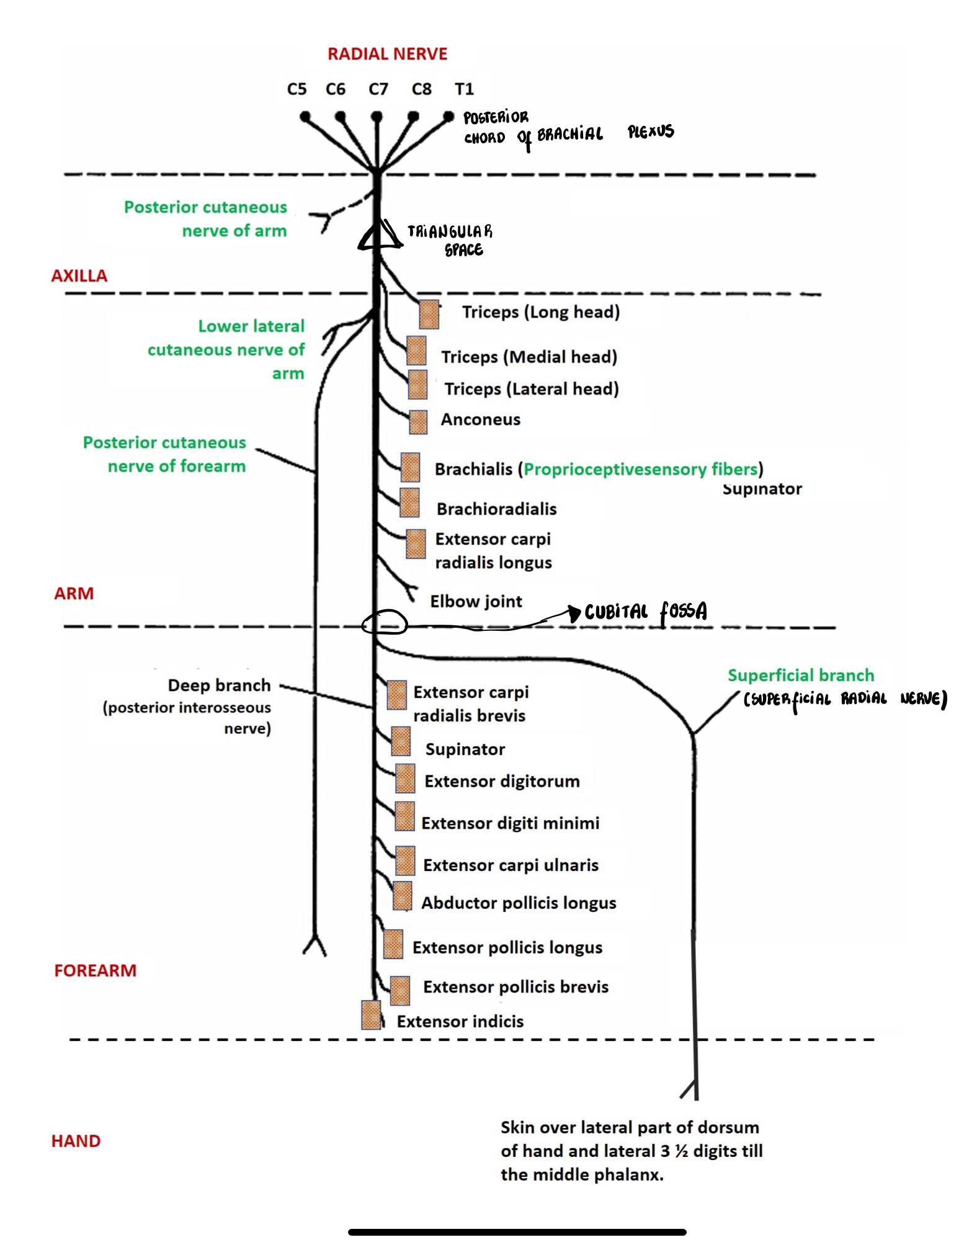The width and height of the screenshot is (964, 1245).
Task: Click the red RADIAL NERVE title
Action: coord(387,54)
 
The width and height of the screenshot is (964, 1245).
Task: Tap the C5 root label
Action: coord(297,89)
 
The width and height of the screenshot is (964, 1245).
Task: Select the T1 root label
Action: coord(464,89)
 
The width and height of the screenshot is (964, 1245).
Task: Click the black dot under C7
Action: coord(377,116)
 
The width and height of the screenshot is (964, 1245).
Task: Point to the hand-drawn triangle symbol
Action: coord(378,236)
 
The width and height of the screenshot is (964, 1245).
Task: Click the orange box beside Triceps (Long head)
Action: coord(429,314)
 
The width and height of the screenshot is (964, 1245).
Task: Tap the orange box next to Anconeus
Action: coord(418,422)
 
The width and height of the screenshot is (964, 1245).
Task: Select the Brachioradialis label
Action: coord(496,509)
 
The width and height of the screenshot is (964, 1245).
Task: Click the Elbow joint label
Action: coord(476,601)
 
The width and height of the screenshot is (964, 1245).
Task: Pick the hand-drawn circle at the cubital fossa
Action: coord(385,622)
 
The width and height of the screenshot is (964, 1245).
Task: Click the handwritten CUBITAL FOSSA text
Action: coord(646,612)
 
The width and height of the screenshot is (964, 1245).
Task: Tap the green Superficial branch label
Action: coord(801,675)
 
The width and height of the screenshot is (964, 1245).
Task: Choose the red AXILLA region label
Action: coord(79,275)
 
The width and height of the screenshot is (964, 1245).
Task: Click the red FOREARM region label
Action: coord(95,970)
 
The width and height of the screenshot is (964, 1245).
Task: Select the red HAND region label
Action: coord(76,1141)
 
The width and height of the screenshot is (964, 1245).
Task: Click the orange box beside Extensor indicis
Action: coord(371,1015)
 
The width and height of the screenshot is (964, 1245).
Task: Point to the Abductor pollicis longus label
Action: coord(519,903)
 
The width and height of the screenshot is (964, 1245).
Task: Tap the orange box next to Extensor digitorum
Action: coord(405,779)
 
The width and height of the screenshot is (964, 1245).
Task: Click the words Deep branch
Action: coord(219,685)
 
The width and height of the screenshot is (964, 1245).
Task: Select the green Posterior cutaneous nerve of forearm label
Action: coord(165,454)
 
